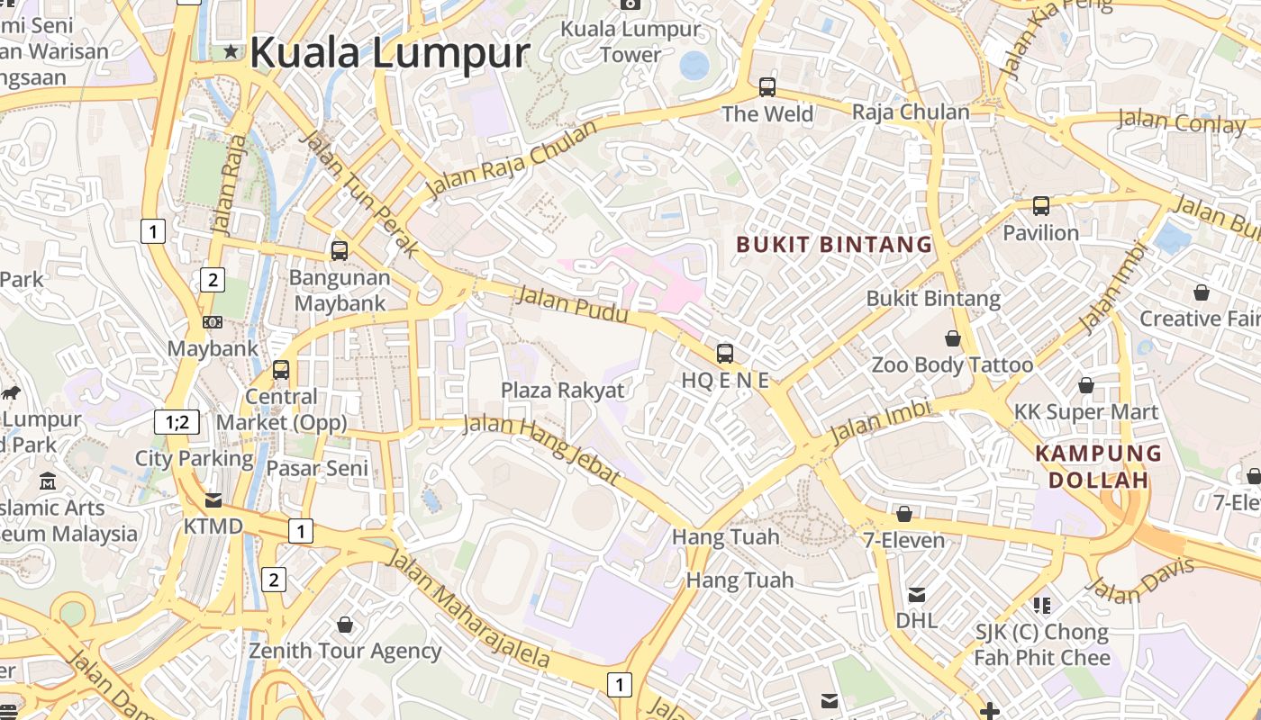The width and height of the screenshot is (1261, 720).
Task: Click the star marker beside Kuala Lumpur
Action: tap(231, 51)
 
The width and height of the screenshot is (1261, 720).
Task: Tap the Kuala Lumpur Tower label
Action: tap(630, 41)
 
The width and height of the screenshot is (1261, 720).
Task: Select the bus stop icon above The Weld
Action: tap(767, 87)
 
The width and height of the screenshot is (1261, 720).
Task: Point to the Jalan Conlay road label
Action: tap(1181, 121)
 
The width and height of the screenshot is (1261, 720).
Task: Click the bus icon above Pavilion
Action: tap(1041, 206)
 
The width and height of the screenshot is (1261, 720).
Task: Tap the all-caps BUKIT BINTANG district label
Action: tap(834, 244)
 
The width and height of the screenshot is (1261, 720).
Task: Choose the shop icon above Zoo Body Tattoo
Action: tap(952, 338)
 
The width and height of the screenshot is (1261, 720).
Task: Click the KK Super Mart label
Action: tap(1086, 412)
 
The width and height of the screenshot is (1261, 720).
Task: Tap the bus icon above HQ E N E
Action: tap(725, 354)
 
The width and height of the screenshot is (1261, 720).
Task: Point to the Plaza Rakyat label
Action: tap(562, 390)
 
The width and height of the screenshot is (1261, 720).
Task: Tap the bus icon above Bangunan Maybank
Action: tap(340, 251)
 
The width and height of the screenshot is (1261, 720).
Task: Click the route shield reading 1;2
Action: tap(177, 422)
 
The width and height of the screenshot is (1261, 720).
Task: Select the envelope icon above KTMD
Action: tap(213, 499)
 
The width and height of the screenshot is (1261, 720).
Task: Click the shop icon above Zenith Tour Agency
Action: tap(345, 624)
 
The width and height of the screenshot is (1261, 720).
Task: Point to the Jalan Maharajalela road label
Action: tap(467, 608)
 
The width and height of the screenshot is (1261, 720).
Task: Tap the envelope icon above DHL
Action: tap(917, 594)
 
